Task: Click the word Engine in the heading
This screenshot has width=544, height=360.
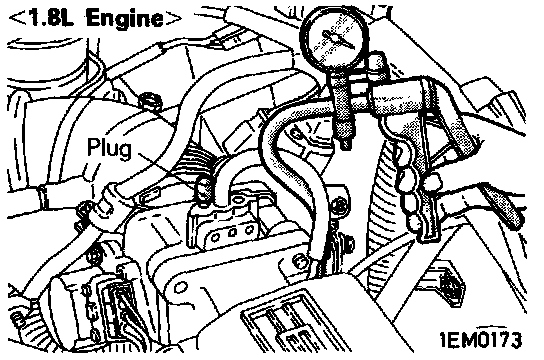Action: coord(125,19)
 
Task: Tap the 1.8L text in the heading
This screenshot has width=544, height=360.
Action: coord(51,18)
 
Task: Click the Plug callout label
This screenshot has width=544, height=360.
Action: coord(109,148)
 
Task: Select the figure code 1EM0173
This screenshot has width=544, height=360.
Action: coord(481,340)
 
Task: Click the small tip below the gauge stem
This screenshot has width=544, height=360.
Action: coord(345,144)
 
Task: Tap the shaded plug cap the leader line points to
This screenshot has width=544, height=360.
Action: coord(204,190)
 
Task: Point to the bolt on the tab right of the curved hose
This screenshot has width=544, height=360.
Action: coord(338,206)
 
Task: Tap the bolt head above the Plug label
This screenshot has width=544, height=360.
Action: coord(150,101)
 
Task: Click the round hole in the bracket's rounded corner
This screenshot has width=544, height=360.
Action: coord(180,288)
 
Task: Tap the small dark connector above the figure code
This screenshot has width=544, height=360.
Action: coord(451,285)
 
